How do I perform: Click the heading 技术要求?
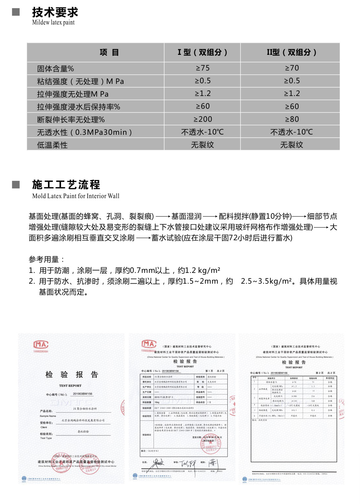click(x=55, y=12)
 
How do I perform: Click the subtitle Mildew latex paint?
click(x=53, y=23)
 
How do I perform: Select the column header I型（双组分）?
click(x=202, y=52)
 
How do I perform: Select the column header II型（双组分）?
click(x=291, y=52)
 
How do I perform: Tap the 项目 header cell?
click(x=109, y=52)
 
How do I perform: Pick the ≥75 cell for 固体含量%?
click(x=203, y=68)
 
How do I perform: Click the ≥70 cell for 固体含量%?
click(x=292, y=68)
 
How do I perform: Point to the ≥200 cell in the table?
click(x=203, y=119)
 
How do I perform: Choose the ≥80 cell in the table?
click(x=292, y=119)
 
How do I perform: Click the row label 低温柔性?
click(x=52, y=145)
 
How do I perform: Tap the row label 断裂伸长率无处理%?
click(x=71, y=119)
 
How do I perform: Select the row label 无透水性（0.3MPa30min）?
click(x=84, y=132)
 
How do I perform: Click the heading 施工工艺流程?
click(x=66, y=184)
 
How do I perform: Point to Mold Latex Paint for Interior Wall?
click(x=76, y=196)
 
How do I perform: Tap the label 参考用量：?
click(x=47, y=260)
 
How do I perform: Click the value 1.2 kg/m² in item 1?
click(x=203, y=270)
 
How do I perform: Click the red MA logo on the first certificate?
click(x=41, y=344)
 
